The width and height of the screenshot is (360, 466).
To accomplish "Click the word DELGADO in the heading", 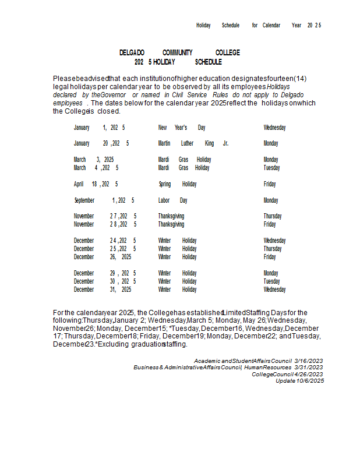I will (132, 52).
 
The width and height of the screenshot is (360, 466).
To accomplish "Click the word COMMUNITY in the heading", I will (177, 52).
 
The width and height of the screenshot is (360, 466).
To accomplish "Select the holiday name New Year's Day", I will (182, 127).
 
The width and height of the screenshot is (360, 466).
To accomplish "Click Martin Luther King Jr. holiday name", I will (193, 143).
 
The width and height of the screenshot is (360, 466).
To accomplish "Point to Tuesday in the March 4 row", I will (271, 168).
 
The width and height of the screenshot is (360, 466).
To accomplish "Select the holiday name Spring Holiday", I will (178, 184).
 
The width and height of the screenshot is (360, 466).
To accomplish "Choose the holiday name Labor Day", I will (172, 200).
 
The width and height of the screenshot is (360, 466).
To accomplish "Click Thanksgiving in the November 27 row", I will (171, 216).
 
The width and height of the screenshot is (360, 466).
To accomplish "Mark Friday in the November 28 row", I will (270, 224).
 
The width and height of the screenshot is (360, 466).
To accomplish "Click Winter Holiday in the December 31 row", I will (177, 290).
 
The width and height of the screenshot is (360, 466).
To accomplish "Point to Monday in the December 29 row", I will (271, 273).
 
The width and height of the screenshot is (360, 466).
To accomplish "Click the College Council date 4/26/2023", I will (308, 374).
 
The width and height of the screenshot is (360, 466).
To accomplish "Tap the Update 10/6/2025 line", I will (299, 380).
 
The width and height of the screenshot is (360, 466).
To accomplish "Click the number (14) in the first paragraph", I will (300, 79).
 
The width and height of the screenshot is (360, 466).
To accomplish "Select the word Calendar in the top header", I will (271, 26).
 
